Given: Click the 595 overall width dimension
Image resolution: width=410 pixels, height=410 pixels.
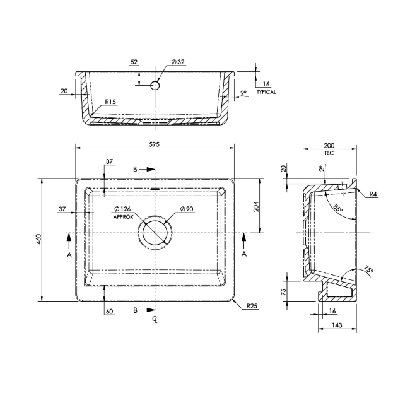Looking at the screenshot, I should click(x=155, y=144).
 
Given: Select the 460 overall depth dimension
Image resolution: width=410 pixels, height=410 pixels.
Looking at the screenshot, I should click(x=38, y=239).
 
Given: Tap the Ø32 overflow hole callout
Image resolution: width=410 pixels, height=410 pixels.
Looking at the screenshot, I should click(x=179, y=62).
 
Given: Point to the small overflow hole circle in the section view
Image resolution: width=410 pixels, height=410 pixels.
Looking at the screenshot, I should click(x=155, y=85).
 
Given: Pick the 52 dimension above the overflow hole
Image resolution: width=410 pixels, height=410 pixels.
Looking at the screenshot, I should click(x=134, y=62).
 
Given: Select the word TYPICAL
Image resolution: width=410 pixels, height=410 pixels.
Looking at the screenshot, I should click(x=266, y=91).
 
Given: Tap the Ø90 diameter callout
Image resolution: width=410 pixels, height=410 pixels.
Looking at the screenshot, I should click(x=186, y=209).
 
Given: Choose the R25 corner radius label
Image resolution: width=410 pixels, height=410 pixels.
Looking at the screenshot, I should click(x=253, y=306).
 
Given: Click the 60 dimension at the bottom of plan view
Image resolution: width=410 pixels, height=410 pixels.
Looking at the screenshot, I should click(x=110, y=312).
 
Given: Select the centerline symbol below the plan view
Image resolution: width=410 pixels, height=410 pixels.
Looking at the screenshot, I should click(x=155, y=320).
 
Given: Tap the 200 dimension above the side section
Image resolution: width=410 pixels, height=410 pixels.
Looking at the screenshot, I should click(x=328, y=144).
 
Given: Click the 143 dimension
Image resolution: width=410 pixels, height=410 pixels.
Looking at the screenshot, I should click(x=336, y=325).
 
